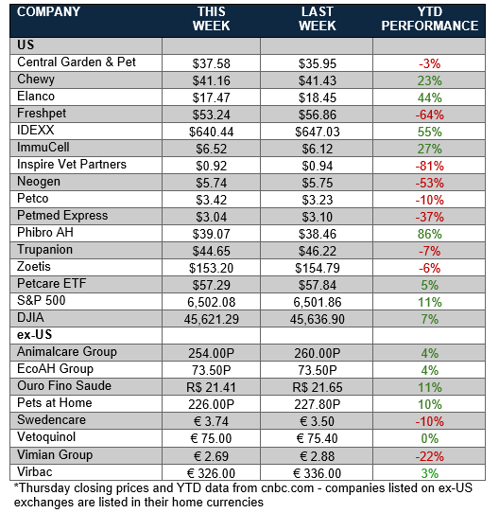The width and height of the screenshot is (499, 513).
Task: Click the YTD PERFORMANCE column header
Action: coord(429,19)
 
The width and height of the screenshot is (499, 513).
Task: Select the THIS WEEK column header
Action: coord(211,19)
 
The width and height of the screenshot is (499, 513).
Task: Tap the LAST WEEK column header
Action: coord(317,19)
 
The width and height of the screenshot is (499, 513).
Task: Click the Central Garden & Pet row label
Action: coord(77,62)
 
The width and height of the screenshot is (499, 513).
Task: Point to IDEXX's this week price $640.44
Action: coord(211,132)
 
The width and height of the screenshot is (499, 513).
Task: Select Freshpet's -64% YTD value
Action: coord(429,115)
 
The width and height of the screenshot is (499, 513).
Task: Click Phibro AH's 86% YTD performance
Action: coord(429,234)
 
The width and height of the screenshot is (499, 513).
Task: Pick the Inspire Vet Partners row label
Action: coord(72,165)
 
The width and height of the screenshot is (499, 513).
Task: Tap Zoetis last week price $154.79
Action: coord(317,268)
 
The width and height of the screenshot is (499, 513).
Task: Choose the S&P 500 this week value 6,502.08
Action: coord(211,302)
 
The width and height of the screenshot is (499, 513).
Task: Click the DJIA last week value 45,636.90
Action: coord(317,319)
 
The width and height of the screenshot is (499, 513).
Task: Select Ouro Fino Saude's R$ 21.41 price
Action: coord(211,387)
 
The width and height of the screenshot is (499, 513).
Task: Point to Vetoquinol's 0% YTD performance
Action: coord(429,438)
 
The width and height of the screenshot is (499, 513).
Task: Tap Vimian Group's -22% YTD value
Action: coord(429,456)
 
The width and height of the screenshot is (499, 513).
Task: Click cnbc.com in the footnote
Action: coord(287,488)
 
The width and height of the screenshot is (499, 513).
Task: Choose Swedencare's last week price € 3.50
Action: coord(317,421)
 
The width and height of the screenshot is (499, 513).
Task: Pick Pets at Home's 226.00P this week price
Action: coord(211,404)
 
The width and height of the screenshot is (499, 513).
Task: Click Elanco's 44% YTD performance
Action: coord(429,97)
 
